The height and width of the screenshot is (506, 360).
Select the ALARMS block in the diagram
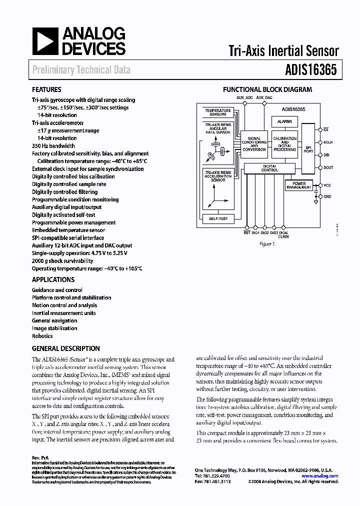(x=284, y=121)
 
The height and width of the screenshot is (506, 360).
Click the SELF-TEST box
(x=217, y=218)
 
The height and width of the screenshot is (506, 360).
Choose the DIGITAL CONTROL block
(x=270, y=168)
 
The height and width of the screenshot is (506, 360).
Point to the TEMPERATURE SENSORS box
(x=218, y=112)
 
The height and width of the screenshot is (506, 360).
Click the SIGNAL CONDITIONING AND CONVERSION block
(x=254, y=144)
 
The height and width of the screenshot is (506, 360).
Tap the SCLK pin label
(x=327, y=142)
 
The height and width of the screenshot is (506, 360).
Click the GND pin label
(x=327, y=196)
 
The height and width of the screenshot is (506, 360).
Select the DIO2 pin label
(x=264, y=232)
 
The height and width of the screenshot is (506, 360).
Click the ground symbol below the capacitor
(x=316, y=202)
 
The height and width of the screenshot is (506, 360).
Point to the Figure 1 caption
(x=267, y=244)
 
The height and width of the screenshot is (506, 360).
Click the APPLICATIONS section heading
(x=53, y=280)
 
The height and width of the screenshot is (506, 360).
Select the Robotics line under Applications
(x=42, y=336)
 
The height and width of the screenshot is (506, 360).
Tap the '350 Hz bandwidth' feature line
(x=53, y=146)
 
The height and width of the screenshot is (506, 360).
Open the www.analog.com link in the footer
(x=323, y=476)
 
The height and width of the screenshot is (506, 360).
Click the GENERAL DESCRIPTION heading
(x=66, y=348)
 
